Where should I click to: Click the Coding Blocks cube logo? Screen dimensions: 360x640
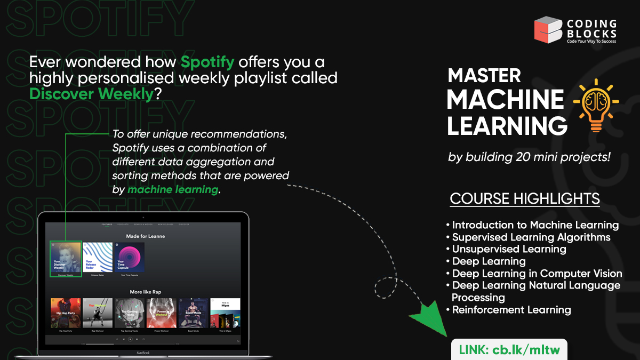coord(548,29)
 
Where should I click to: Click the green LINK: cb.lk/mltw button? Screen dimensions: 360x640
coord(509,350)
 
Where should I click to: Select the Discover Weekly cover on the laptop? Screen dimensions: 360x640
coord(66,259)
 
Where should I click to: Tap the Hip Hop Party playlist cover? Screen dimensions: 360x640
coord(66,313)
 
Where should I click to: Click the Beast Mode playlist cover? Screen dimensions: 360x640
coord(194,313)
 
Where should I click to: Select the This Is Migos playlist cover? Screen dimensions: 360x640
coord(225,313)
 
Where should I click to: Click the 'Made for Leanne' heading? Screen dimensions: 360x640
coord(145,236)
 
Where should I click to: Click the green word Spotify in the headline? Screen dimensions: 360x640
coord(207,62)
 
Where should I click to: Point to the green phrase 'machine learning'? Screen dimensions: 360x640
coord(173,189)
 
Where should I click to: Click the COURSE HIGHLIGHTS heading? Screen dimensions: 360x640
coord(525,199)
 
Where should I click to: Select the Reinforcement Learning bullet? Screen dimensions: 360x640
coord(511,310)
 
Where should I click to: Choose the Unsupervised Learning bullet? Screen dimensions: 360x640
coord(508,249)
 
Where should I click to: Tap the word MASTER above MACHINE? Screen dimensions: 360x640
coord(484,76)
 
